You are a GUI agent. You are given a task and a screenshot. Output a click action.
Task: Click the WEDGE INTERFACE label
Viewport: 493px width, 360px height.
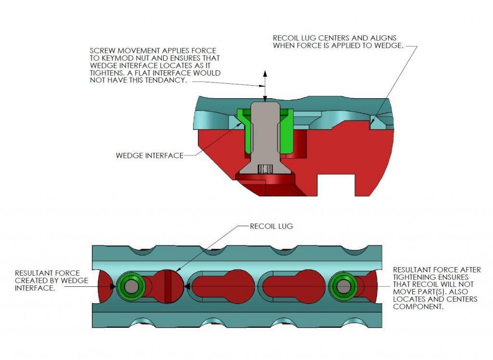point(150,155)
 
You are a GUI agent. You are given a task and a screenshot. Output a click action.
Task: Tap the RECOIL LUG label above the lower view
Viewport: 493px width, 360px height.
point(272,226)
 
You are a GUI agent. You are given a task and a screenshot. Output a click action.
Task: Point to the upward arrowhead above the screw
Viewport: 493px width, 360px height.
point(265,74)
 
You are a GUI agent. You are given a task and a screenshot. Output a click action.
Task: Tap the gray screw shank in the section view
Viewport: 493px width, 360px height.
point(264,132)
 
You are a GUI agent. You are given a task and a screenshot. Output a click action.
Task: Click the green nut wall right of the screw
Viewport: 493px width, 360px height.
point(286,131)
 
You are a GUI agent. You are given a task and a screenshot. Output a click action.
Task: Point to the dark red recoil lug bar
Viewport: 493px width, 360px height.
point(168,286)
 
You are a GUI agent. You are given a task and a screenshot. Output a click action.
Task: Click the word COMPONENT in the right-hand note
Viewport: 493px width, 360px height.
point(418,307)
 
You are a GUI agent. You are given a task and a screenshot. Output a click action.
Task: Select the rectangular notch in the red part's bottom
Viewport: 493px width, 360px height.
point(336,185)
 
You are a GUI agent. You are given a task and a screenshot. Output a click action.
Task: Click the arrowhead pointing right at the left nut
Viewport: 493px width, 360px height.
point(113,286)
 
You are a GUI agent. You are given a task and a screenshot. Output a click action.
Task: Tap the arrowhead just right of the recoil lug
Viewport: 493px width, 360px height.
point(187,286)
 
